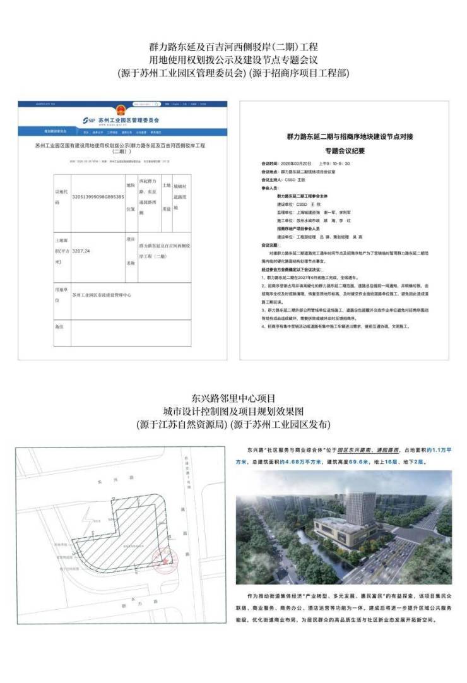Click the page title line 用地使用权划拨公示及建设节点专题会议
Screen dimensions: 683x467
pos(233,60)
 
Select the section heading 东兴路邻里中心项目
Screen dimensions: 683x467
pos(233,398)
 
